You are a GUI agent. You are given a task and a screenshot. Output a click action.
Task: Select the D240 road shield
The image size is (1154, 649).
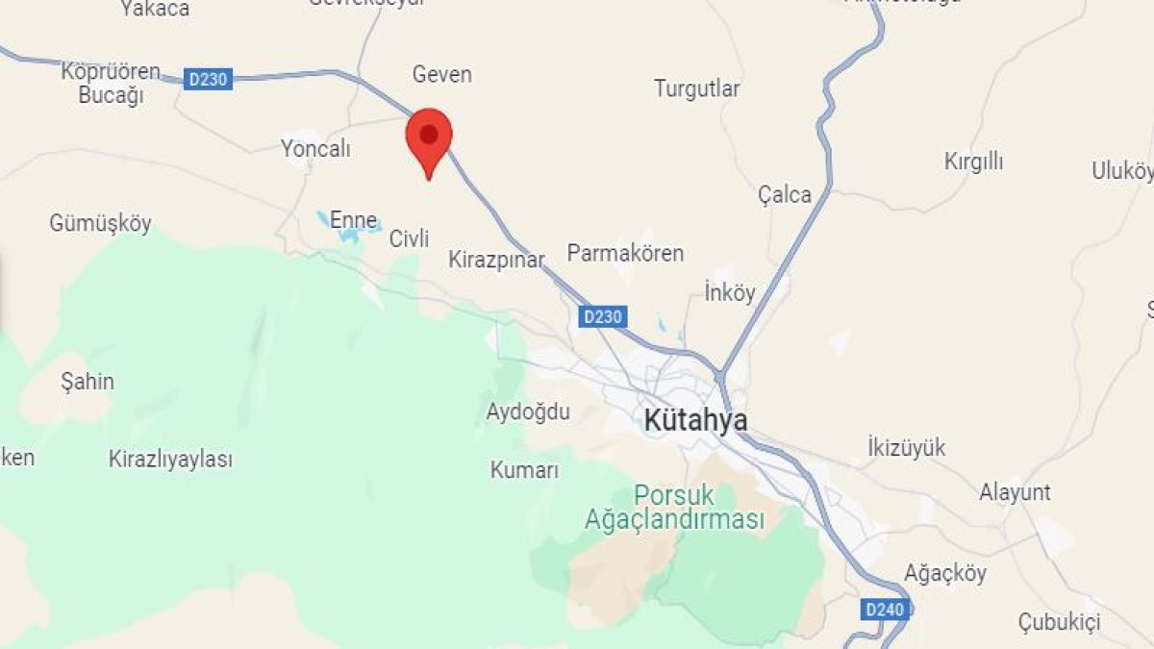click(884, 609)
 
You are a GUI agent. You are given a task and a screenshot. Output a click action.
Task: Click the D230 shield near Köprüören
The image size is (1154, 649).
click(208, 79)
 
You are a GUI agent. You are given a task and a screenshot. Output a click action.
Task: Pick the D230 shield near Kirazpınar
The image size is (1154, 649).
click(603, 315)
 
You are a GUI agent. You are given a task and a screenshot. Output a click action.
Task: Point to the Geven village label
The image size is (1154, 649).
click(441, 74)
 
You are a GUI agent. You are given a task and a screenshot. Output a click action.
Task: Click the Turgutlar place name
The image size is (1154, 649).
click(697, 88)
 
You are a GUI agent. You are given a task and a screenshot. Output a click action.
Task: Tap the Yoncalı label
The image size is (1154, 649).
click(315, 149)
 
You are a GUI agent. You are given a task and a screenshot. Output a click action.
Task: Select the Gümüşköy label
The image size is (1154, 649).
click(101, 223)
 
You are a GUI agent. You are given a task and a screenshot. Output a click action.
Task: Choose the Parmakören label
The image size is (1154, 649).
click(625, 253)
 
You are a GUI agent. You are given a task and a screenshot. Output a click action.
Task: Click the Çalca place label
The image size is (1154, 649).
click(785, 194)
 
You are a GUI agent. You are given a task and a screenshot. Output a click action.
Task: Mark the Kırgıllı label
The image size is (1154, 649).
click(973, 162)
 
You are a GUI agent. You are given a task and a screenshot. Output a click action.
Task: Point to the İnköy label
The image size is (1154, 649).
click(730, 292)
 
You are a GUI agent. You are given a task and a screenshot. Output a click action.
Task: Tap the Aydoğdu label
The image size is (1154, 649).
click(528, 412)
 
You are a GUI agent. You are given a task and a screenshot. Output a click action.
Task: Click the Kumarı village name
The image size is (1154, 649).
click(524, 470)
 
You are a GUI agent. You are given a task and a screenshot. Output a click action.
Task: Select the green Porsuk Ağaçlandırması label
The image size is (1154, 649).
click(674, 508)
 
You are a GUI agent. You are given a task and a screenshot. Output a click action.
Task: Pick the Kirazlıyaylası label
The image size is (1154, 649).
click(170, 459)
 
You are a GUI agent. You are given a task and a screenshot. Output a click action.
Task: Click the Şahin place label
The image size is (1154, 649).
click(87, 381)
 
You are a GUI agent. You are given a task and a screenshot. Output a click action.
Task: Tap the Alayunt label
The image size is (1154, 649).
click(1015, 492)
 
